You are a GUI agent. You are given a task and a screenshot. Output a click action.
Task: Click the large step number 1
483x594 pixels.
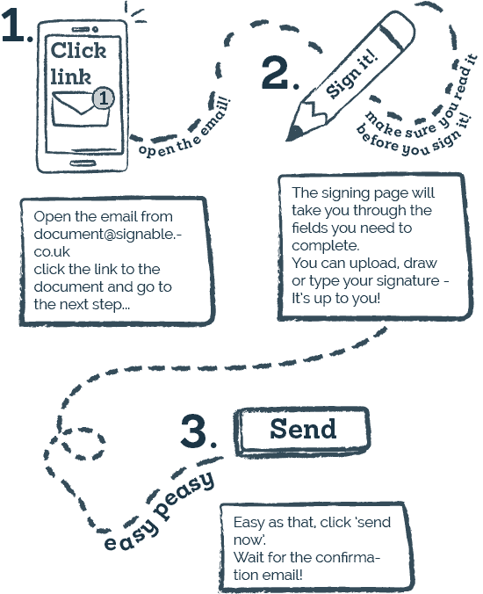(x=14, y=25)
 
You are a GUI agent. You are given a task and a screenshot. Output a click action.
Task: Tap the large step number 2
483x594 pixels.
(x=275, y=72)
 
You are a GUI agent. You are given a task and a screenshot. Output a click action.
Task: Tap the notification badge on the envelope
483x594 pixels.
(x=104, y=98)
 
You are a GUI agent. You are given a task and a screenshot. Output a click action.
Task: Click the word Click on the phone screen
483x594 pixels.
(x=78, y=50)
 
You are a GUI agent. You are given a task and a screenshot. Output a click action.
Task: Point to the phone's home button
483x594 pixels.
(x=83, y=163)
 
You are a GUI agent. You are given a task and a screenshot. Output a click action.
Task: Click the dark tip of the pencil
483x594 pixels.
(x=294, y=134)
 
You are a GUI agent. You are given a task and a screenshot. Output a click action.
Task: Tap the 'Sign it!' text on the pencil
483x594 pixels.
(x=351, y=74)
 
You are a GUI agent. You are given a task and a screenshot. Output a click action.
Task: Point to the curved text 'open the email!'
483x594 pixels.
(x=184, y=128)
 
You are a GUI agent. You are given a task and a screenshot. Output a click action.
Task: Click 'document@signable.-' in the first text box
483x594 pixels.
(x=107, y=235)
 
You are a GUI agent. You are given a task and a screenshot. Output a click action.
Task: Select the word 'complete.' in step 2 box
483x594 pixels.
(x=326, y=246)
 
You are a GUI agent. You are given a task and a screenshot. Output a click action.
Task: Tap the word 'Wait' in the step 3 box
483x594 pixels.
(x=248, y=557)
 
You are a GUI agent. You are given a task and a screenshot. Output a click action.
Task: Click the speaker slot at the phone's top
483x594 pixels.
(x=81, y=29)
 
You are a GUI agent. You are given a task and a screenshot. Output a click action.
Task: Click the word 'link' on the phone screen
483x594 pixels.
(x=71, y=77)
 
